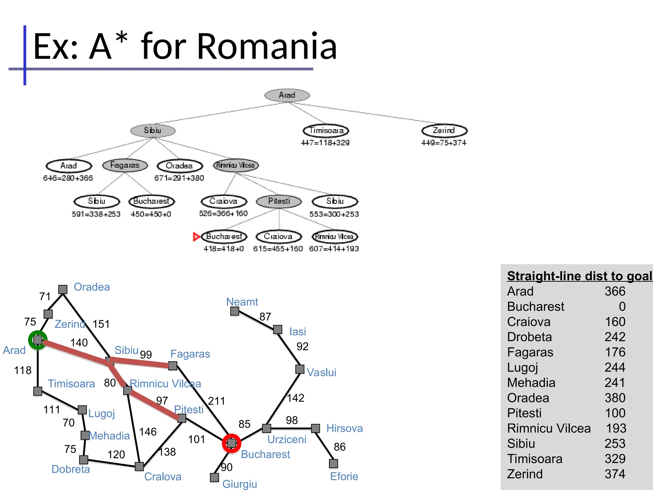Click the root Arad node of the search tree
click(287, 95)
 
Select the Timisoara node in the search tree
click(326, 130)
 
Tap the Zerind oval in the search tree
click(444, 130)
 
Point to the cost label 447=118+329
click(325, 143)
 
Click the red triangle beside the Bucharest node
click(196, 237)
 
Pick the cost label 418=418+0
click(224, 249)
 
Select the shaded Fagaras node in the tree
click(125, 165)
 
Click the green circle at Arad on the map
click(38, 340)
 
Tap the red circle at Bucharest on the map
click(231, 443)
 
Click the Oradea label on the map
click(92, 287)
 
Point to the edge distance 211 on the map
click(216, 401)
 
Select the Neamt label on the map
click(242, 302)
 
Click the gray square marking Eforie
click(334, 464)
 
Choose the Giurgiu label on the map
click(240, 484)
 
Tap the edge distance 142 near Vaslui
click(296, 398)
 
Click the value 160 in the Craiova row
click(615, 322)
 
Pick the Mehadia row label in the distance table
click(531, 383)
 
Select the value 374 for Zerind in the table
click(615, 474)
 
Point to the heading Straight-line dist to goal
click(579, 276)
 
